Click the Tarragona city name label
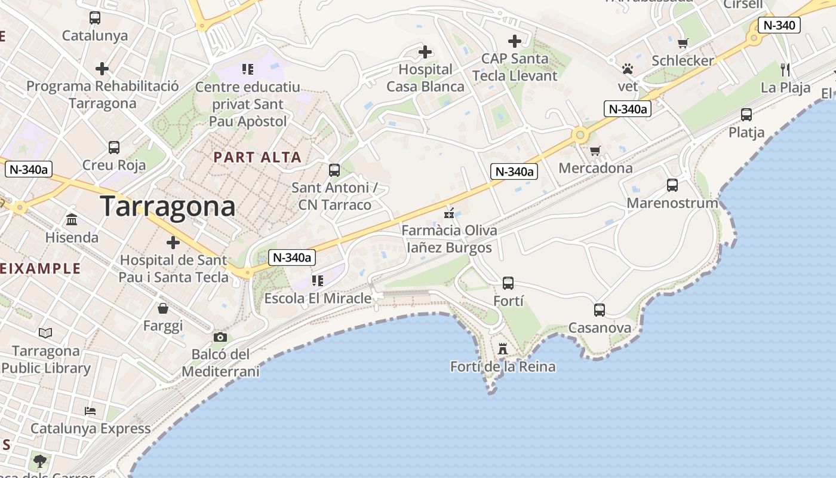[x=168, y=207]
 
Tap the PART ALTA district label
[x=257, y=158]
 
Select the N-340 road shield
[x=779, y=25]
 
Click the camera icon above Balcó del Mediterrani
[x=220, y=337]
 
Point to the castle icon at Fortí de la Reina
[x=503, y=348]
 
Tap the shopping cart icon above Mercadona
[x=595, y=151]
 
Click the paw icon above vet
[x=627, y=69]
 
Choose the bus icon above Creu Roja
[x=114, y=147]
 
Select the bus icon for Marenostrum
[x=672, y=185]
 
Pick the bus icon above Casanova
[x=600, y=310]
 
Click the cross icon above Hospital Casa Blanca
[x=425, y=52]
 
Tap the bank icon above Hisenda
[x=72, y=219]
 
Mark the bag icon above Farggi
[x=163, y=308]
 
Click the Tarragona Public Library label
[x=46, y=360]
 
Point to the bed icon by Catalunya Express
[x=90, y=411]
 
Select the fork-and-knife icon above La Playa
[x=785, y=70]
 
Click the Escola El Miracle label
[x=318, y=298]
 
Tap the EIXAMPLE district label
[x=39, y=268]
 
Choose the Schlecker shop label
[x=683, y=61]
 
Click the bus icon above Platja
[x=746, y=114]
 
